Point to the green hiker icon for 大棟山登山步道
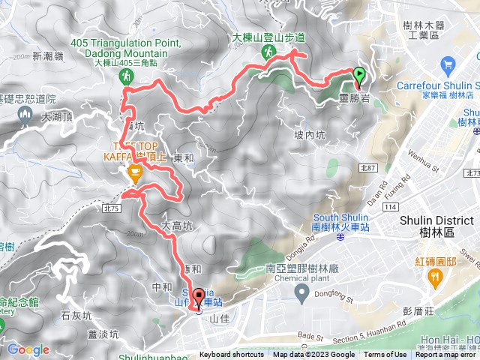[x=268, y=52]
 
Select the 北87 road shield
[x=368, y=169]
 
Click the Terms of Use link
[x=385, y=355]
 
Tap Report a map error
[x=446, y=355]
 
